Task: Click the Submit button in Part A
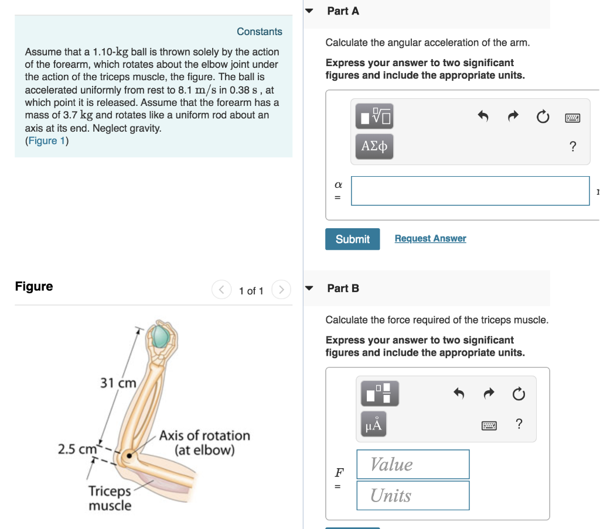pyautogui.click(x=352, y=239)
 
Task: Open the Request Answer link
pyautogui.click(x=430, y=238)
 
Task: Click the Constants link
pyautogui.click(x=259, y=32)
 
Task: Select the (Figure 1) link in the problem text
pyautogui.click(x=47, y=140)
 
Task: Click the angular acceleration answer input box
pyautogui.click(x=470, y=191)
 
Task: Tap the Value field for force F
pyautogui.click(x=412, y=464)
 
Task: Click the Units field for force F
pyautogui.click(x=412, y=495)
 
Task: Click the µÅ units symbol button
pyautogui.click(x=373, y=425)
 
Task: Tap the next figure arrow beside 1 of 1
pyautogui.click(x=281, y=290)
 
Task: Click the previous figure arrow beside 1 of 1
pyautogui.click(x=221, y=290)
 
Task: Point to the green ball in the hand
pyautogui.click(x=160, y=337)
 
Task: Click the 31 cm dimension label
pyautogui.click(x=118, y=383)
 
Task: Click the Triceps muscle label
pyautogui.click(x=110, y=498)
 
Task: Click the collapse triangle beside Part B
pyautogui.click(x=311, y=288)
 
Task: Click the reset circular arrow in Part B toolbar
pyautogui.click(x=519, y=395)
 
